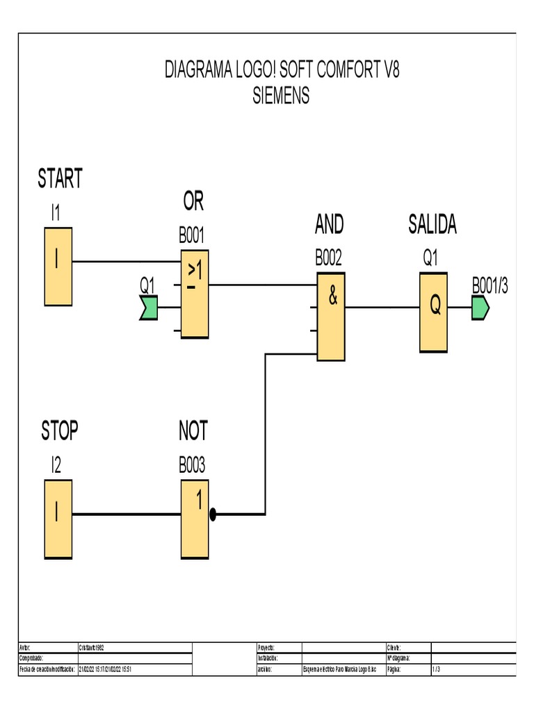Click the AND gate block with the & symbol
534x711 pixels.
(331, 316)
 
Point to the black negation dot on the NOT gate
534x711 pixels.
(213, 515)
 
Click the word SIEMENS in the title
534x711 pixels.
(281, 96)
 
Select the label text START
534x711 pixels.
(60, 179)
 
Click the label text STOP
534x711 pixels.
(60, 432)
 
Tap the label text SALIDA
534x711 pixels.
(432, 225)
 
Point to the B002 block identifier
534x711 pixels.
(329, 258)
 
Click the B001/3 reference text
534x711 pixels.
(490, 286)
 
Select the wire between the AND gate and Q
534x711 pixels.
(382, 306)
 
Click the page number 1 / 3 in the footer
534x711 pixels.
(436, 669)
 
